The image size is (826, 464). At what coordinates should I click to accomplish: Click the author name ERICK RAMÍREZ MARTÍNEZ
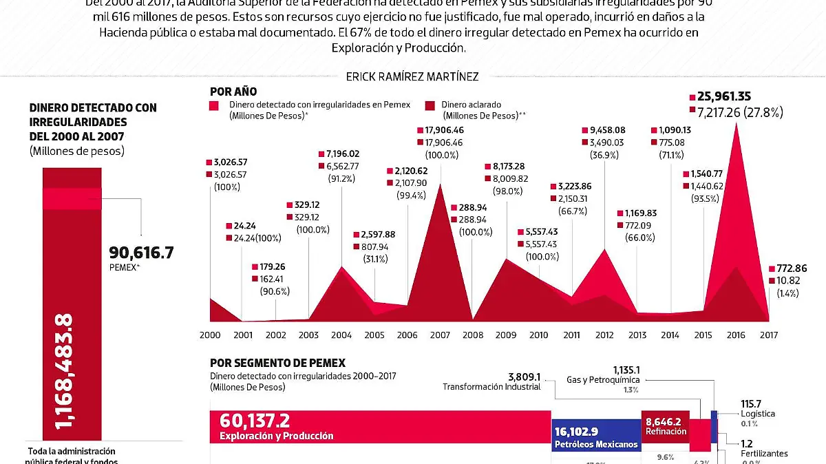413,76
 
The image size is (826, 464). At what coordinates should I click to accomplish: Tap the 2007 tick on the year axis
439,335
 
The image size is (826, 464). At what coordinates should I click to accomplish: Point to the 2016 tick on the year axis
735,335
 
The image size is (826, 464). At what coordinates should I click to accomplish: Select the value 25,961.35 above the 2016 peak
733,97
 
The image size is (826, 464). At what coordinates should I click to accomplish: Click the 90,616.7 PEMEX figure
141,253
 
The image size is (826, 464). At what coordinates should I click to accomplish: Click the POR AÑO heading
233,90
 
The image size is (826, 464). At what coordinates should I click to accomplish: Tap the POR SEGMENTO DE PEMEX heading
277,363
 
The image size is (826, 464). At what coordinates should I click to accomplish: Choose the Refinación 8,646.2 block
666,426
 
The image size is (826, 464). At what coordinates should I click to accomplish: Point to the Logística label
757,414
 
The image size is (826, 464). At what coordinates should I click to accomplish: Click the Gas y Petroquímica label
603,379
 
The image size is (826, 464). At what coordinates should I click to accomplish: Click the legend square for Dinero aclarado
430,105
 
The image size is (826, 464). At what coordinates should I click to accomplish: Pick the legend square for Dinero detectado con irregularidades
215,105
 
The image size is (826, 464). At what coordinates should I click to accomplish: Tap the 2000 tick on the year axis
210,335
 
